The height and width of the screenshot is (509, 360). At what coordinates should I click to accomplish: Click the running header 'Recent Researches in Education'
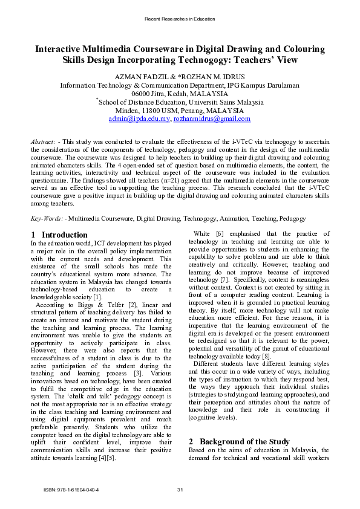pyautogui.click(x=180, y=19)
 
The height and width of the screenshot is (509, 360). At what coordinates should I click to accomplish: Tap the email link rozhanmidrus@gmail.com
pyautogui.click(x=212, y=119)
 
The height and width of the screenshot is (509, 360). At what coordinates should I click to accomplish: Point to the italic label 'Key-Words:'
pyautogui.click(x=47, y=218)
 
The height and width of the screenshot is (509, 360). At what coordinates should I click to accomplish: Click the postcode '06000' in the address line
pyautogui.click(x=143, y=94)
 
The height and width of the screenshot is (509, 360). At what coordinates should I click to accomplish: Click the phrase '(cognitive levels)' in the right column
pyautogui.click(x=214, y=400)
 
